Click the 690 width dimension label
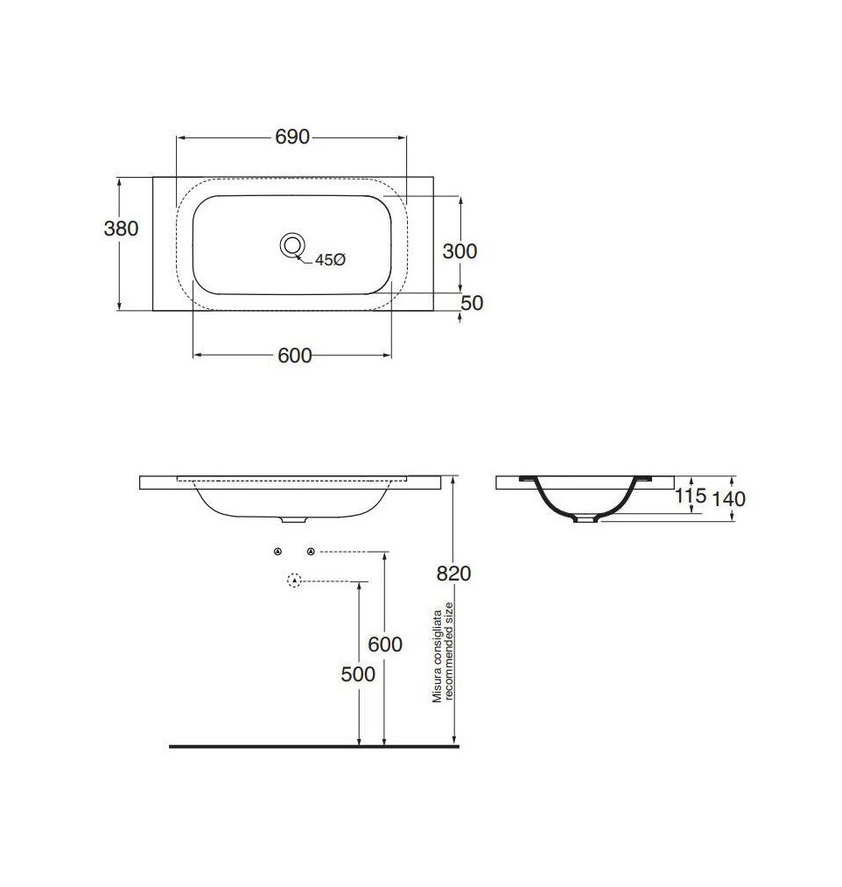(292, 137)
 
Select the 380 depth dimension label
(121, 229)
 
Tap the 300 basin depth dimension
(460, 251)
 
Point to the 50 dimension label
(472, 303)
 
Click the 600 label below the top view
(295, 356)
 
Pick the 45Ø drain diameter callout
(330, 260)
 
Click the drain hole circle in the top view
(292, 245)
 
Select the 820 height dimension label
(453, 574)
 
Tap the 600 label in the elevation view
(385, 644)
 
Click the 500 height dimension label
(358, 674)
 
